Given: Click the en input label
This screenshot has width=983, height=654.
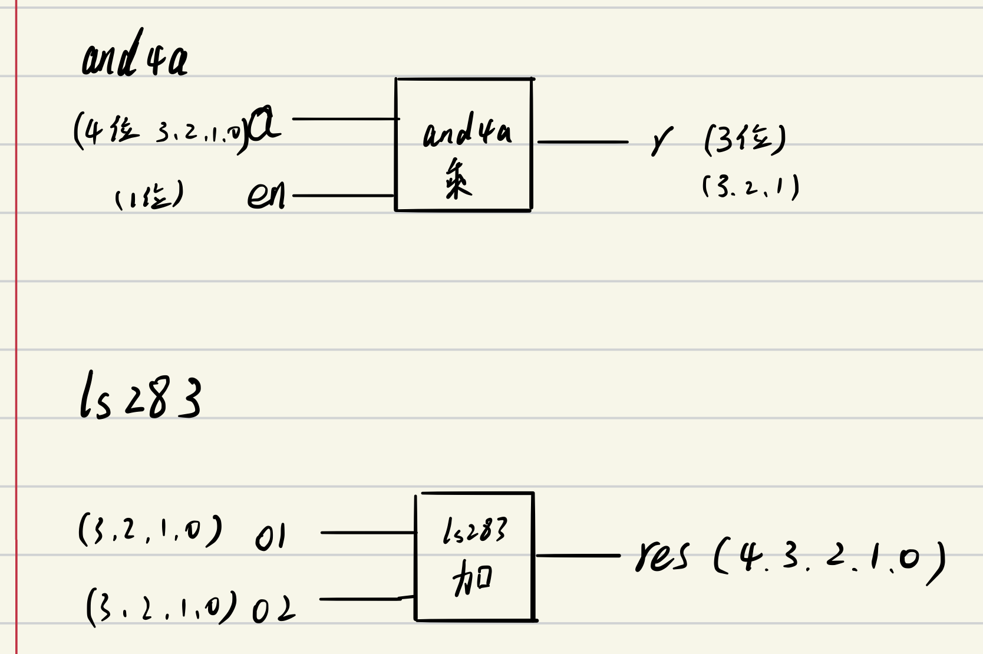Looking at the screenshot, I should pos(266,196).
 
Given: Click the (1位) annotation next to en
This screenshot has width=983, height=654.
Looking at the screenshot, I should pos(149,196).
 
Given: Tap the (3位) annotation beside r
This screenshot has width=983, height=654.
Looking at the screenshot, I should pos(745,140).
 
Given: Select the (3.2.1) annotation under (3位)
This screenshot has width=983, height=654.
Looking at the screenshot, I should pos(751,187).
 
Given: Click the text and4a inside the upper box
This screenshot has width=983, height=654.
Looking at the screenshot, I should pos(467,131).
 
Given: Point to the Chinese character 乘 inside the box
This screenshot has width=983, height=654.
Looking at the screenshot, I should pos(457,179).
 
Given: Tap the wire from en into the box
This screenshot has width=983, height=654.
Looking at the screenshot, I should pos(343,195).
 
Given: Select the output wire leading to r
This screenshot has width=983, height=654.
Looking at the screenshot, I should pos(582,142).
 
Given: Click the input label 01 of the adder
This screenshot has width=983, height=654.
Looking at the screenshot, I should pos(271,537).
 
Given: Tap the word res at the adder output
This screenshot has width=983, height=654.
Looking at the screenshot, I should pos(662,556).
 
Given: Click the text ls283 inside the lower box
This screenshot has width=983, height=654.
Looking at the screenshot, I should pos(474,530).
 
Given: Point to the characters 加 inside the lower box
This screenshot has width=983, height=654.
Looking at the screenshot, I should pos(472,578).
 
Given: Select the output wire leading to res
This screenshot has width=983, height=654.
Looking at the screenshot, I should pos(578,556).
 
